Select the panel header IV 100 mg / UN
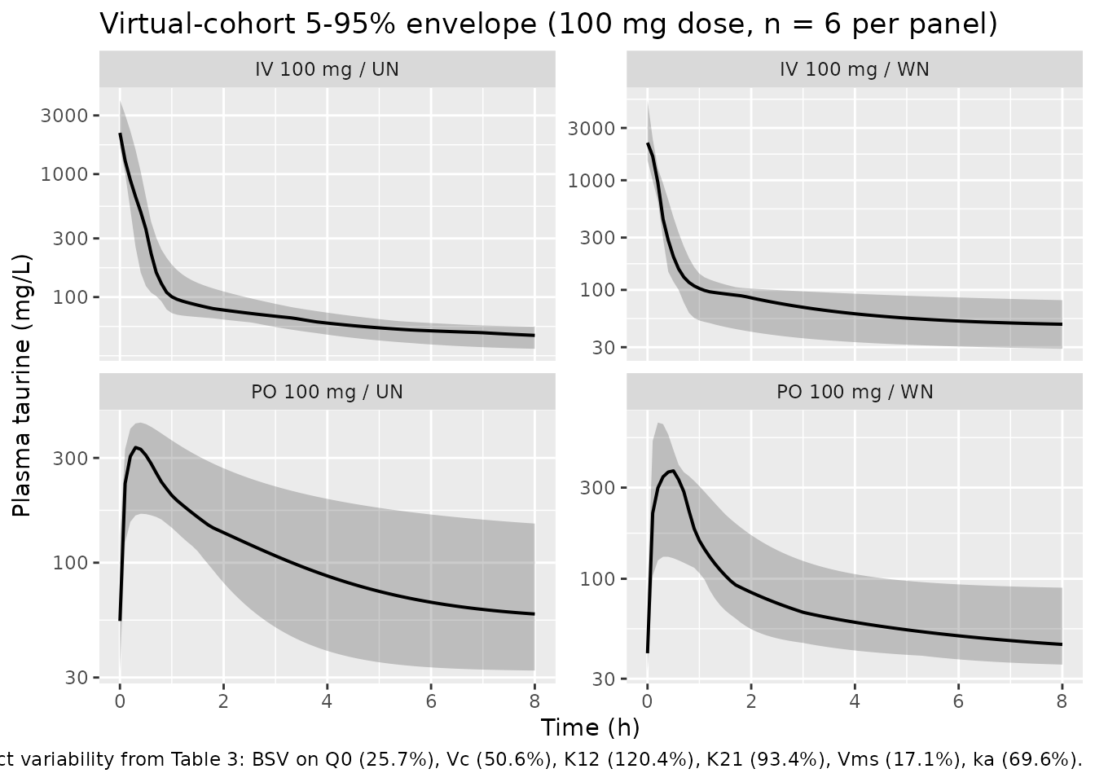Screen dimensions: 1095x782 [x=327, y=69]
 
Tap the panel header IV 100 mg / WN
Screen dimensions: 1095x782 [x=855, y=69]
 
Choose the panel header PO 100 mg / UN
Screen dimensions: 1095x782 [x=327, y=392]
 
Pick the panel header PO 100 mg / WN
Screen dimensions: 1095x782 [x=855, y=392]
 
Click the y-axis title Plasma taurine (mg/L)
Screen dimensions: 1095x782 [x=22, y=385]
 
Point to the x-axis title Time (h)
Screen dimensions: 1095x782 [x=590, y=727]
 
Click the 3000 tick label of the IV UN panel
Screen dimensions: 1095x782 [x=64, y=116]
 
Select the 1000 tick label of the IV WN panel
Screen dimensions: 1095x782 [x=591, y=181]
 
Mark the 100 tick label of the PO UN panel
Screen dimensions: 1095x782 [x=70, y=563]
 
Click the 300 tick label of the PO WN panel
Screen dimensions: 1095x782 [x=597, y=488]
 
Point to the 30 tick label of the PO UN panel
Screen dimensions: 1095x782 [x=77, y=678]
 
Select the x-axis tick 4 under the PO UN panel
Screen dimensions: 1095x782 [x=327, y=702]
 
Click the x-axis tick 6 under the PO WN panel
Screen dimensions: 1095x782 [x=958, y=702]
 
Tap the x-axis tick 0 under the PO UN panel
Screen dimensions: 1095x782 [x=120, y=702]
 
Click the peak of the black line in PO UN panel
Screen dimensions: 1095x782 [x=136, y=447]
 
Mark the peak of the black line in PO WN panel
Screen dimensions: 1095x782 [x=674, y=471]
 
